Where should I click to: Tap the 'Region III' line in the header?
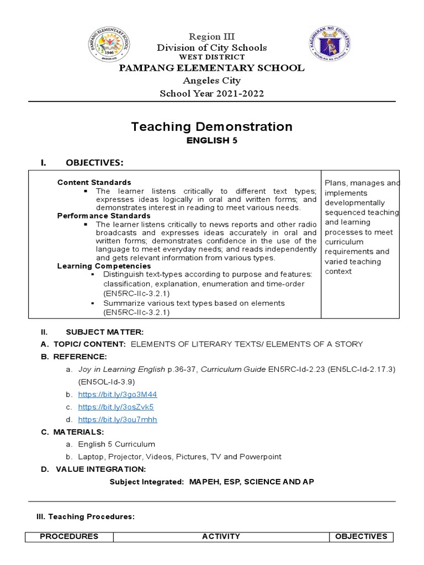pyautogui.click(x=211, y=36)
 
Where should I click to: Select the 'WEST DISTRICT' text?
pyautogui.click(x=211, y=57)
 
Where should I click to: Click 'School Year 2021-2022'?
pyautogui.click(x=211, y=93)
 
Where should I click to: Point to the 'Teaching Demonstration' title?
pyautogui.click(x=211, y=127)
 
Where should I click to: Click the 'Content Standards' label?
pyautogui.click(x=94, y=182)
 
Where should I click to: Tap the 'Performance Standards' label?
pyautogui.click(x=104, y=216)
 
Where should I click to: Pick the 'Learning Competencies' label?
pyautogui.click(x=104, y=266)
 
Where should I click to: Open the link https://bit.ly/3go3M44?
pyautogui.click(x=118, y=395)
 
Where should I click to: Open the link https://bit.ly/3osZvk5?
pyautogui.click(x=116, y=407)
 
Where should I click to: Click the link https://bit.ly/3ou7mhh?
pyautogui.click(x=118, y=419)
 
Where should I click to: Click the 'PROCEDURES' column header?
pyautogui.click(x=69, y=536)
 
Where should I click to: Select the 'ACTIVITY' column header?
pyautogui.click(x=221, y=536)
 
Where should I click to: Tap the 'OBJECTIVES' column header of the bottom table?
pyautogui.click(x=361, y=536)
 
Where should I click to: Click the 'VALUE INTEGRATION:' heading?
pyautogui.click(x=100, y=469)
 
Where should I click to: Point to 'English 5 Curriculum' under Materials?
pyautogui.click(x=116, y=444)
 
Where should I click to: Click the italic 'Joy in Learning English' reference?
pyautogui.click(x=122, y=369)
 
